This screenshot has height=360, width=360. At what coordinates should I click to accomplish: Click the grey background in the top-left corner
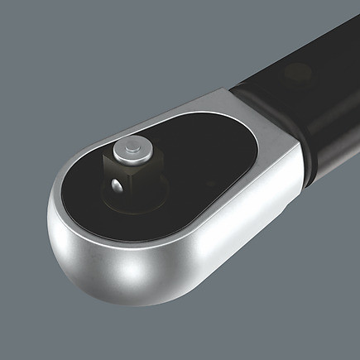click(x=33, y=33)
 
